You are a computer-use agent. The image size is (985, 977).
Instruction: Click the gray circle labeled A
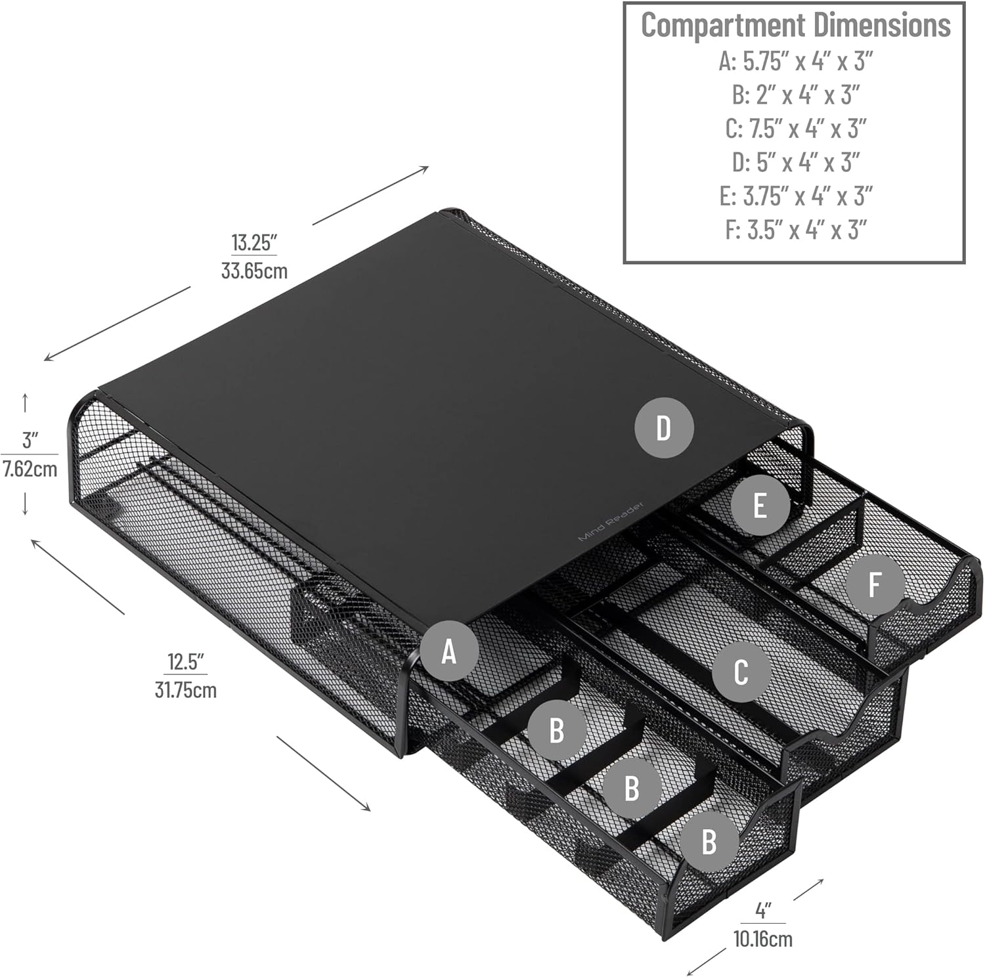click(x=449, y=651)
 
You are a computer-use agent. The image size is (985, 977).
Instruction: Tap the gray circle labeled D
click(x=663, y=428)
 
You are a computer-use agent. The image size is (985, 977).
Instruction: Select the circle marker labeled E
click(x=760, y=506)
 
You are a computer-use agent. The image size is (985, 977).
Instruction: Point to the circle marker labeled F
click(x=874, y=584)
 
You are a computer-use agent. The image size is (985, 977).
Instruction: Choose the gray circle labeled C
click(x=740, y=672)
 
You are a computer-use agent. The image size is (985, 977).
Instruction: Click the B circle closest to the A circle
click(x=557, y=729)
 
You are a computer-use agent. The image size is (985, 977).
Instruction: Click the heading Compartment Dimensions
click(x=795, y=26)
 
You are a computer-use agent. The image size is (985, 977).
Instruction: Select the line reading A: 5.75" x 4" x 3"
click(x=795, y=61)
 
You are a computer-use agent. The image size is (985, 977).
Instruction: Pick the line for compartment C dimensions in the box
click(x=795, y=129)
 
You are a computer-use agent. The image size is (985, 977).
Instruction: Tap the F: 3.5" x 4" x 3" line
click(x=795, y=230)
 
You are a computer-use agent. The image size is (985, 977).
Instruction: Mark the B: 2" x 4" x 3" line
click(x=795, y=95)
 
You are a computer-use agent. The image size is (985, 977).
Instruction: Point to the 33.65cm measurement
click(x=254, y=271)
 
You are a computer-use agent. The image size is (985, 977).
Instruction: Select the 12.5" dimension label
click(x=186, y=661)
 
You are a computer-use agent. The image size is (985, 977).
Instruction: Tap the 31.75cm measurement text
click(x=186, y=690)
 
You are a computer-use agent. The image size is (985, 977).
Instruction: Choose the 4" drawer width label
click(x=762, y=911)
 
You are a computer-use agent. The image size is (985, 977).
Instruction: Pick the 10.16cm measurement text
click(x=762, y=939)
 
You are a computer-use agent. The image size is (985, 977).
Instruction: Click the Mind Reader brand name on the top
click(x=611, y=522)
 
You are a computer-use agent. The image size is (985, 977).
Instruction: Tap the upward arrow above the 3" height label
click(x=25, y=402)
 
